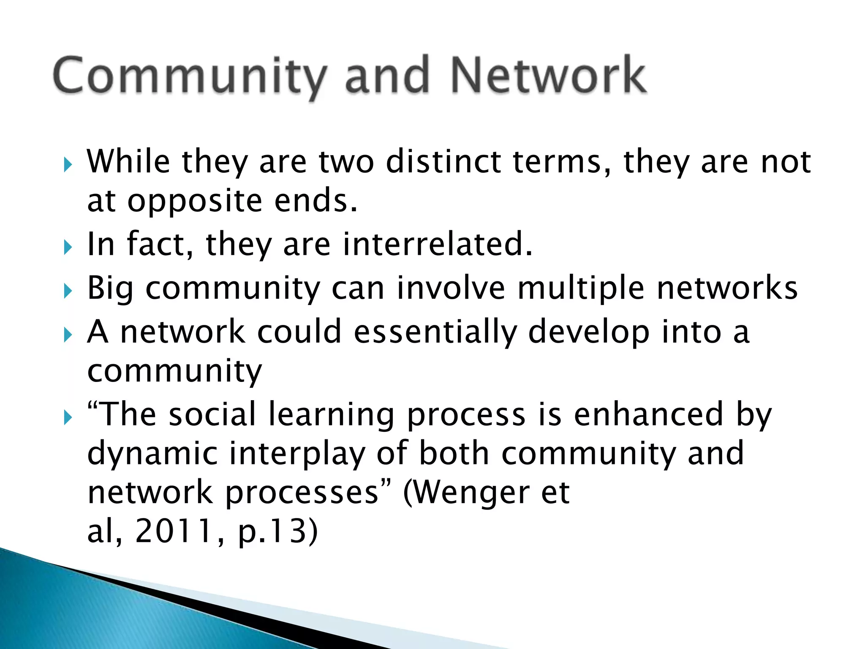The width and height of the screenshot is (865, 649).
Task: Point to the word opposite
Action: pos(195,202)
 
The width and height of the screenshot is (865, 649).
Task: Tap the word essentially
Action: pos(435,332)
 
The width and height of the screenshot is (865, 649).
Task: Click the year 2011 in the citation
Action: pos(174,532)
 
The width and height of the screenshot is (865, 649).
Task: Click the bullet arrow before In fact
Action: pos(68,247)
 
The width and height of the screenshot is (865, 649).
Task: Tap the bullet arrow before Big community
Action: pos(68,291)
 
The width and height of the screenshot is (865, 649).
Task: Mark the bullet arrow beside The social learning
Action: pos(68,417)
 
